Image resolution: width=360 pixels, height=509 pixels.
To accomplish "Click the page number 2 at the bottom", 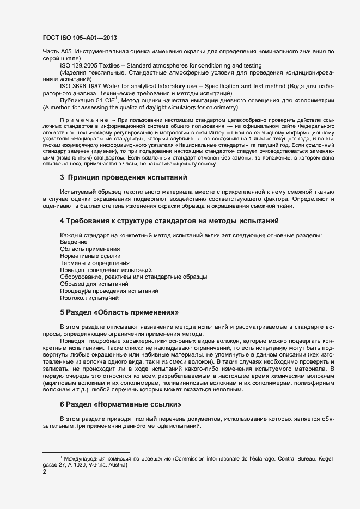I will pos(44,472).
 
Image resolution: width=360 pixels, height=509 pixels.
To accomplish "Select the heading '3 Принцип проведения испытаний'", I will pos(124,177).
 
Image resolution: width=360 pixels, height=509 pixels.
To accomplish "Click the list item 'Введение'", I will pos(74,241).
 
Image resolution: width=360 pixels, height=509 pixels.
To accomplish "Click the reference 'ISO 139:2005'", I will pos(80,65).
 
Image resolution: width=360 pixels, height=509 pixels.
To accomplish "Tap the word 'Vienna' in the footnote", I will pos(103,465).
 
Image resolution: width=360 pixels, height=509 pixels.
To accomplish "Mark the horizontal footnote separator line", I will pos(86,452).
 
